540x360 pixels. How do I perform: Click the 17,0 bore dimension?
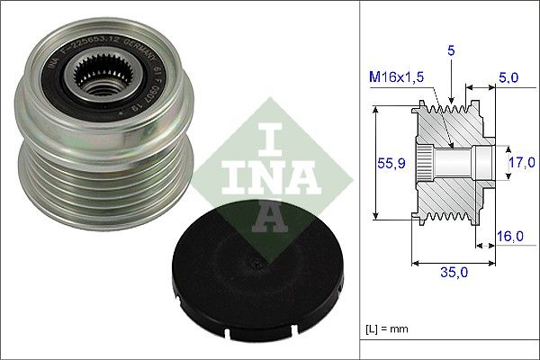click(x=521, y=162)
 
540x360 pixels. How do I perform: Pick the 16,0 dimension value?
click(x=510, y=236)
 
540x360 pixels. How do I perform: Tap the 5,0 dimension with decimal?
click(x=509, y=78)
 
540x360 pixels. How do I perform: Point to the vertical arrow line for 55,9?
click(x=373, y=162)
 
